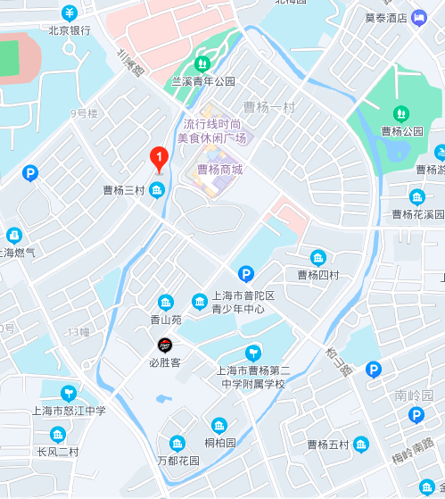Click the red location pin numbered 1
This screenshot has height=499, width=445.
158,159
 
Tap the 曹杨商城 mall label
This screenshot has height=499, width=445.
219,168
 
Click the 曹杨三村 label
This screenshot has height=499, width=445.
123,190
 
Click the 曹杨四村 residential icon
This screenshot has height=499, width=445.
318,258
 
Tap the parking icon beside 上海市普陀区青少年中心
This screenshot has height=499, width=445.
245,274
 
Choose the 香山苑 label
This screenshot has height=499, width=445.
165,319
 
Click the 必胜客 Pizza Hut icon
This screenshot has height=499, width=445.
165,345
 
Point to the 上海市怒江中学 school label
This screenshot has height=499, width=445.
69,411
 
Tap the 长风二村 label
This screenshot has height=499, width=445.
58,452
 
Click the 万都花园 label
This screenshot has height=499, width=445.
178,461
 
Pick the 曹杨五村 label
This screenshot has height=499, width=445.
327,445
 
